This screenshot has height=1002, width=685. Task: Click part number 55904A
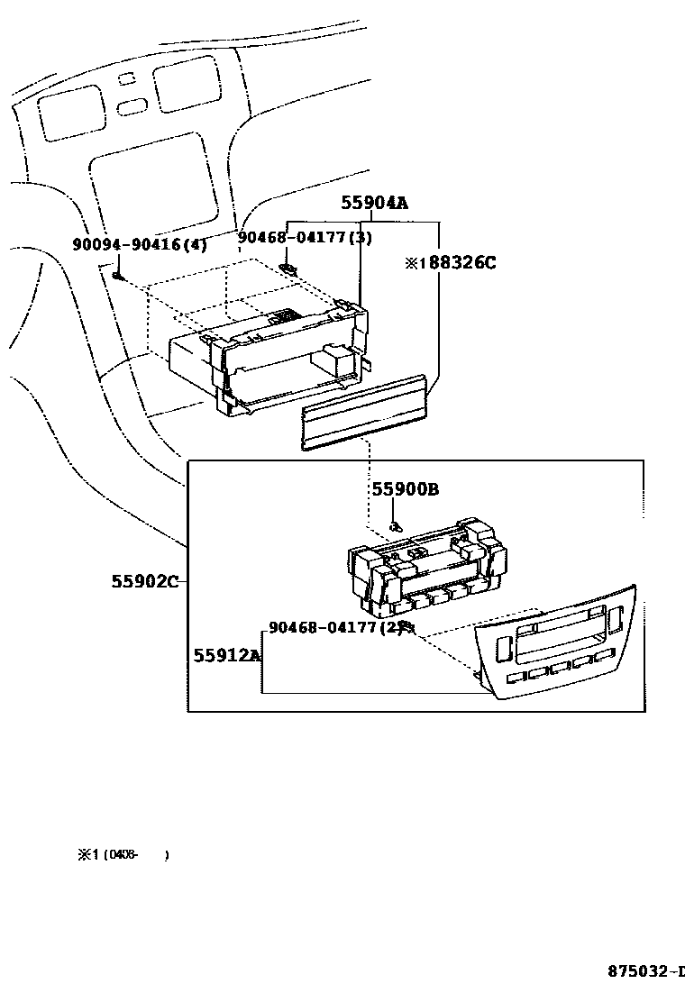tap(374, 204)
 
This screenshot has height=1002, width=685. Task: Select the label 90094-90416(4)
tap(140, 244)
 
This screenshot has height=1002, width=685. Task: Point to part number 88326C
tap(456, 263)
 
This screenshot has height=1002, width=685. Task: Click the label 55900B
tap(406, 489)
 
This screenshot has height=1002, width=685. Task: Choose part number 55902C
tap(144, 581)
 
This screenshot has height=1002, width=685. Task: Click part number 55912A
tap(226, 655)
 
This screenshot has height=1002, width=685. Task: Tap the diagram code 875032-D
tap(645, 971)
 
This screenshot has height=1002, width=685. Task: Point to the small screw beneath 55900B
tap(394, 524)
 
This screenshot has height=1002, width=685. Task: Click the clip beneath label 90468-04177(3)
tap(288, 267)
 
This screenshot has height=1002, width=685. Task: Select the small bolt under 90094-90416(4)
tap(118, 273)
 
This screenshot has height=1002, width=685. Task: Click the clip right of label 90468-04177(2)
tap(406, 626)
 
